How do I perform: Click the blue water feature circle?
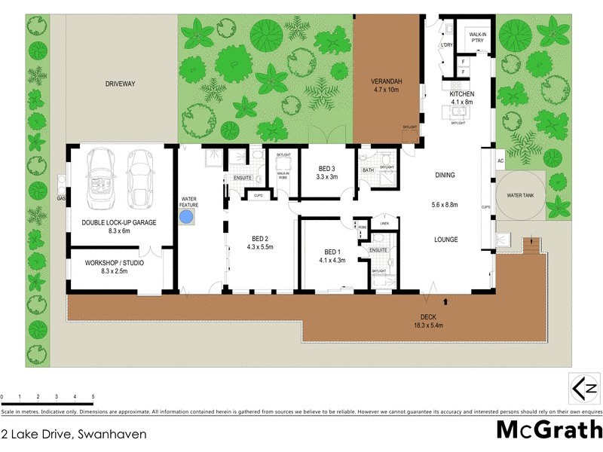click(187, 218)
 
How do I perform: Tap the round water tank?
click(520, 195)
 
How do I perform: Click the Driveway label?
click(120, 84)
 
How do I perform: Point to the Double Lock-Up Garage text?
click(119, 223)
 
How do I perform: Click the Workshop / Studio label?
click(114, 264)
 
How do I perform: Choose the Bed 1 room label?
click(332, 252)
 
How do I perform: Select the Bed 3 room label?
click(326, 168)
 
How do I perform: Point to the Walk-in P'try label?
click(477, 38)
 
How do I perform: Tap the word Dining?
click(445, 176)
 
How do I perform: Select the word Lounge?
click(445, 240)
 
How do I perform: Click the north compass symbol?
click(585, 389)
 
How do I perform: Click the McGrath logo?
click(549, 430)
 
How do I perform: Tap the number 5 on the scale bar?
click(93, 396)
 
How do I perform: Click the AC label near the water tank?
click(500, 161)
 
